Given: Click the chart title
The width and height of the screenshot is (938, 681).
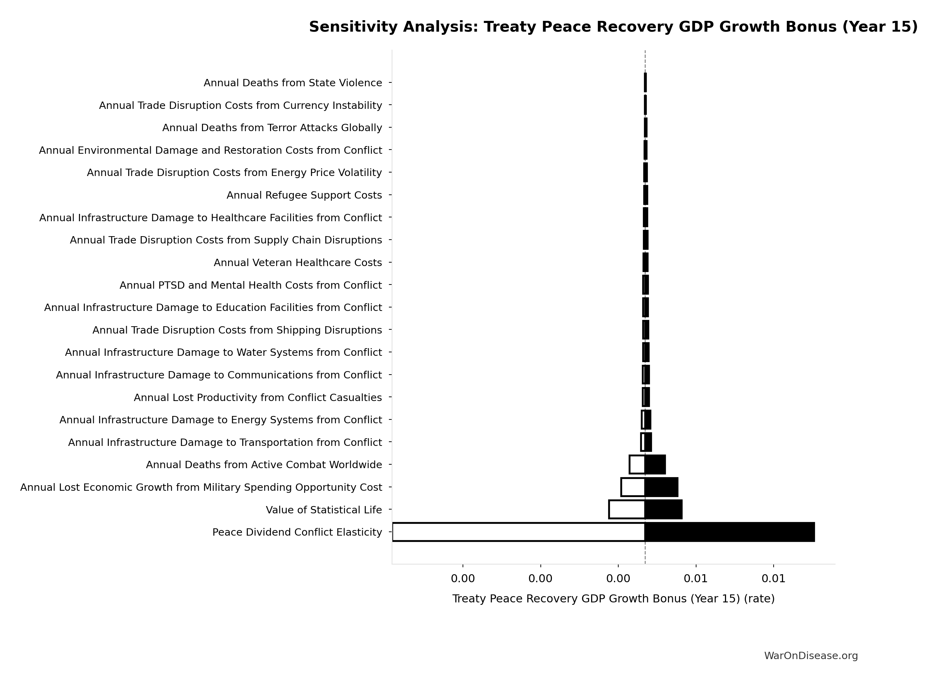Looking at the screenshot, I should (x=613, y=27).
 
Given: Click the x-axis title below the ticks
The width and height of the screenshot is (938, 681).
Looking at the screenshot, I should (x=613, y=599).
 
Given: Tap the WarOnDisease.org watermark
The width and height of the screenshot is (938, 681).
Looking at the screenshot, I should (x=810, y=656).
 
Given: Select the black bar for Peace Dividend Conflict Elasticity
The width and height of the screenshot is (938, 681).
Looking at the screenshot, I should (x=729, y=532).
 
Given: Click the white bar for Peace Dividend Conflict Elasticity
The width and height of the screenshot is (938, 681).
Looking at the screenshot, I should (x=518, y=532).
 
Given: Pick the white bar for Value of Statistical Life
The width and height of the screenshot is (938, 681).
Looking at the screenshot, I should (x=627, y=510).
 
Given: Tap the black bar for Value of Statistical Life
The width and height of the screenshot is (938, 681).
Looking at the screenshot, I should (x=663, y=510).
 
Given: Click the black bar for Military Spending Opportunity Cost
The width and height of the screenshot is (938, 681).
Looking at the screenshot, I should (x=661, y=487).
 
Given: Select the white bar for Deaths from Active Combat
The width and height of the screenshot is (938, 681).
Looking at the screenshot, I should (x=637, y=464).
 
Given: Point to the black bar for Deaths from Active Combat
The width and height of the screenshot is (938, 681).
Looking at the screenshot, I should (x=655, y=464).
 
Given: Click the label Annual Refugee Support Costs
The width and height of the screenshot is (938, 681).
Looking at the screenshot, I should (x=304, y=195).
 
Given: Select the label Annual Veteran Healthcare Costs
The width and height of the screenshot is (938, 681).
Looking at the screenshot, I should (x=297, y=263).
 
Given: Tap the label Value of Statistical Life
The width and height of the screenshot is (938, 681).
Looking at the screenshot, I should (x=324, y=510).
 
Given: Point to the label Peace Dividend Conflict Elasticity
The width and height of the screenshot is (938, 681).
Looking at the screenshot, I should (x=297, y=532).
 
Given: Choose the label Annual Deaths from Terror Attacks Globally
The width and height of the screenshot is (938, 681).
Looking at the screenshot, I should (x=272, y=128).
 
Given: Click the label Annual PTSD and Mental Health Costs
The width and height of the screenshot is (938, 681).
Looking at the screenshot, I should (x=250, y=285).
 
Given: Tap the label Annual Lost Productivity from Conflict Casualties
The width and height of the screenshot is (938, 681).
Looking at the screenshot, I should (x=257, y=398).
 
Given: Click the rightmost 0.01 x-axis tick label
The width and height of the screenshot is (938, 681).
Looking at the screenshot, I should (x=773, y=579).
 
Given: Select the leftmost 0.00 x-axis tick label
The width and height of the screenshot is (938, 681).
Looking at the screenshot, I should (x=463, y=579).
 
